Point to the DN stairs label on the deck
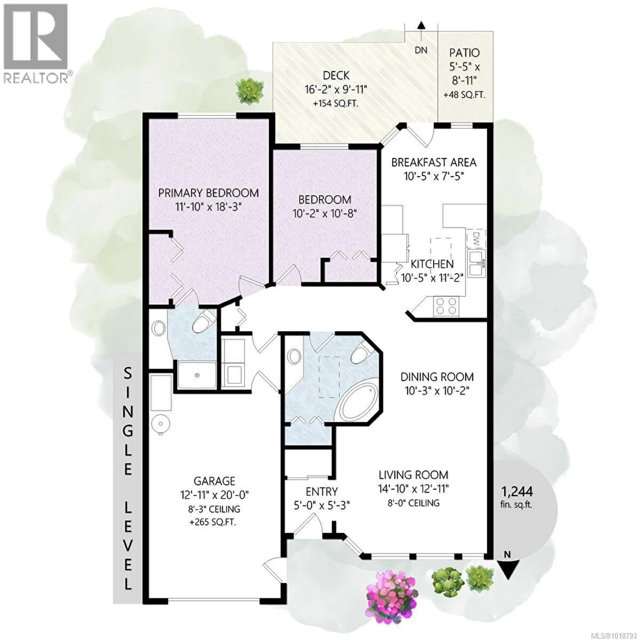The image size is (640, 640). click(x=421, y=50)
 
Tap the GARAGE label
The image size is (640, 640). click(x=214, y=481)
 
